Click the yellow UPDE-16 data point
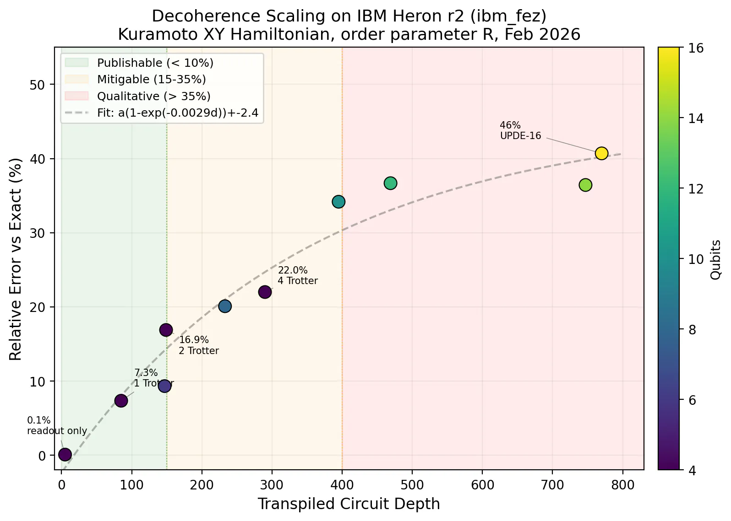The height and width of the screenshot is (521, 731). pos(601,153)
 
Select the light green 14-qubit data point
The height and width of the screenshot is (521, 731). pos(585,185)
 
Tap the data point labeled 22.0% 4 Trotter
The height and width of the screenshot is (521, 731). pos(265,292)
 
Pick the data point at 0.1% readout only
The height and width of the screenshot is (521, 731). pos(65,454)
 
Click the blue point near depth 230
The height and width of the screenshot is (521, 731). pos(225,306)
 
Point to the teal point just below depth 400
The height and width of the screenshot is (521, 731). pos(338,202)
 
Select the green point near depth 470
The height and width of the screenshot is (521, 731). pos(390,183)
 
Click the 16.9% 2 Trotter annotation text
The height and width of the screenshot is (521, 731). pos(199,345)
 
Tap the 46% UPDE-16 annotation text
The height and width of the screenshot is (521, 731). pos(520,130)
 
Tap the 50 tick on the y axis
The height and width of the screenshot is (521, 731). pos(37,85)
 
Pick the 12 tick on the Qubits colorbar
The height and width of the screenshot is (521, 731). pos(696,189)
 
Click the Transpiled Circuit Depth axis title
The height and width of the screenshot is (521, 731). pos(349,504)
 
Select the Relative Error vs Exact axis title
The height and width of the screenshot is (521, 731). pos(15,259)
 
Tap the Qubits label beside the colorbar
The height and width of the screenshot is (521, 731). pos(716,260)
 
